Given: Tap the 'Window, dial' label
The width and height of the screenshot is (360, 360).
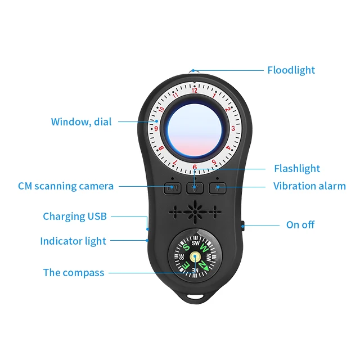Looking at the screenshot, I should (81, 121).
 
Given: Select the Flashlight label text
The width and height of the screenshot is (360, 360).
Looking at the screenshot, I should (296, 168).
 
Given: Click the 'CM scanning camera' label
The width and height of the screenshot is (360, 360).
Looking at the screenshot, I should (66, 186).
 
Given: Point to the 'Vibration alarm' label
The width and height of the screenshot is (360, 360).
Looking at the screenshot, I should (309, 186).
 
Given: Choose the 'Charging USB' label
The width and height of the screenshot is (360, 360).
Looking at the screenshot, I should (75, 217).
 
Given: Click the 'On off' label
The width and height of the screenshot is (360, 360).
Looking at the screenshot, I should (300, 224).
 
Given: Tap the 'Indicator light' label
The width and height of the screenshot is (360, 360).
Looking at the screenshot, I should (73, 241).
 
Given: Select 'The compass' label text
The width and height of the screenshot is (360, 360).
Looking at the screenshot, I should (74, 273).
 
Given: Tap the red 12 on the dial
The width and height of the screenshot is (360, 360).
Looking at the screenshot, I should (195, 89).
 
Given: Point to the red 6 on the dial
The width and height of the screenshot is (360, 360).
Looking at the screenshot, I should (195, 167).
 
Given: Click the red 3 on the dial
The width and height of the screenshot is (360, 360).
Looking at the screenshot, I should (233, 128).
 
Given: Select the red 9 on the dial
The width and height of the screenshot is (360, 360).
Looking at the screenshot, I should (156, 128).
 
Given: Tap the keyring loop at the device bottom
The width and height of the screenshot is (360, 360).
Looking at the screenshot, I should (195, 293).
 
